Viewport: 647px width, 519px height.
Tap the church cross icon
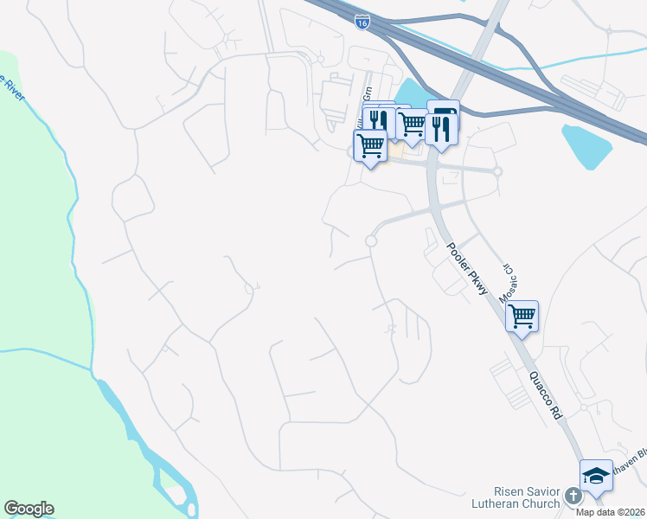tap(573, 496)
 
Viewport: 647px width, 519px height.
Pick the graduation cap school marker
tap(596, 477)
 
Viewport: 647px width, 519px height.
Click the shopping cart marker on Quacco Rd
tap(522, 316)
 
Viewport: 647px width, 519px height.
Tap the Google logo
tap(29, 509)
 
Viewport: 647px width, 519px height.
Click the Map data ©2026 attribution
tap(610, 512)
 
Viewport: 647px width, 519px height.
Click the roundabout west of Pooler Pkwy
tap(370, 241)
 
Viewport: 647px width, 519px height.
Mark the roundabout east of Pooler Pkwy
tap(497, 171)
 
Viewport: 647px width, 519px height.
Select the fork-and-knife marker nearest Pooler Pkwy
tap(441, 129)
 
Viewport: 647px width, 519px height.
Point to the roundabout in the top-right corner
tap(609, 31)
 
